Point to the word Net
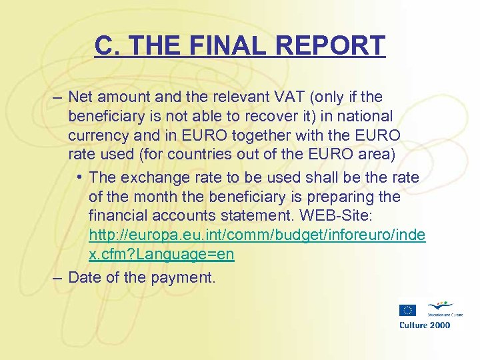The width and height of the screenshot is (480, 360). point(82,97)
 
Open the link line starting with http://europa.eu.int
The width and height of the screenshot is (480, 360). point(257,235)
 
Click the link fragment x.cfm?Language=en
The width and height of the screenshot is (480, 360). point(161,255)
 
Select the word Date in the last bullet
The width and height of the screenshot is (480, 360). point(84,277)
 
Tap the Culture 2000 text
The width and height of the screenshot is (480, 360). point(425,325)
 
